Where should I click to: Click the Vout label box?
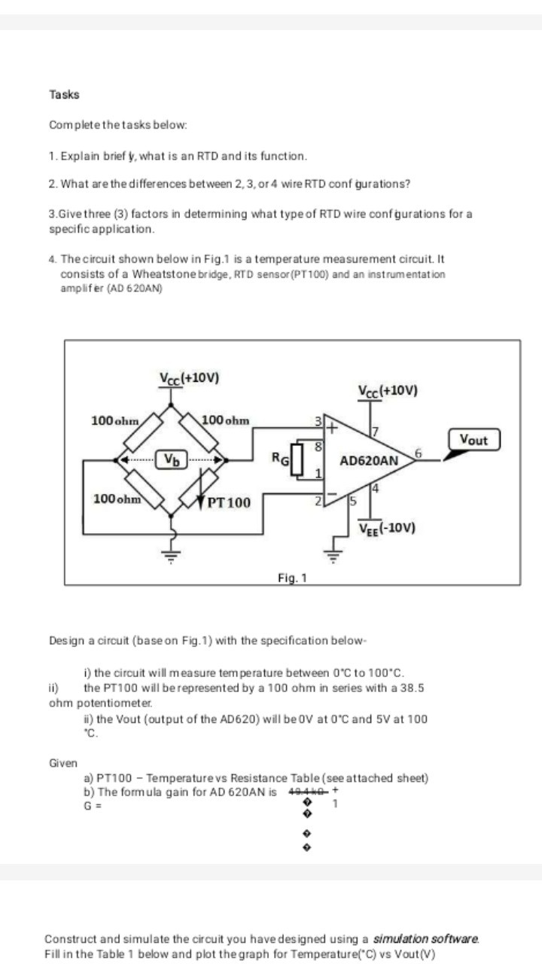(x=474, y=439)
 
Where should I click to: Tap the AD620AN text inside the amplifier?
(x=369, y=460)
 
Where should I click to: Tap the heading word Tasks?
(x=64, y=95)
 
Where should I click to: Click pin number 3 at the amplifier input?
(x=318, y=418)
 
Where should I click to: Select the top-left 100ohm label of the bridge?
(x=114, y=419)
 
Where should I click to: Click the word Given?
(x=63, y=763)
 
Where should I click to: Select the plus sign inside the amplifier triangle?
(x=329, y=427)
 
